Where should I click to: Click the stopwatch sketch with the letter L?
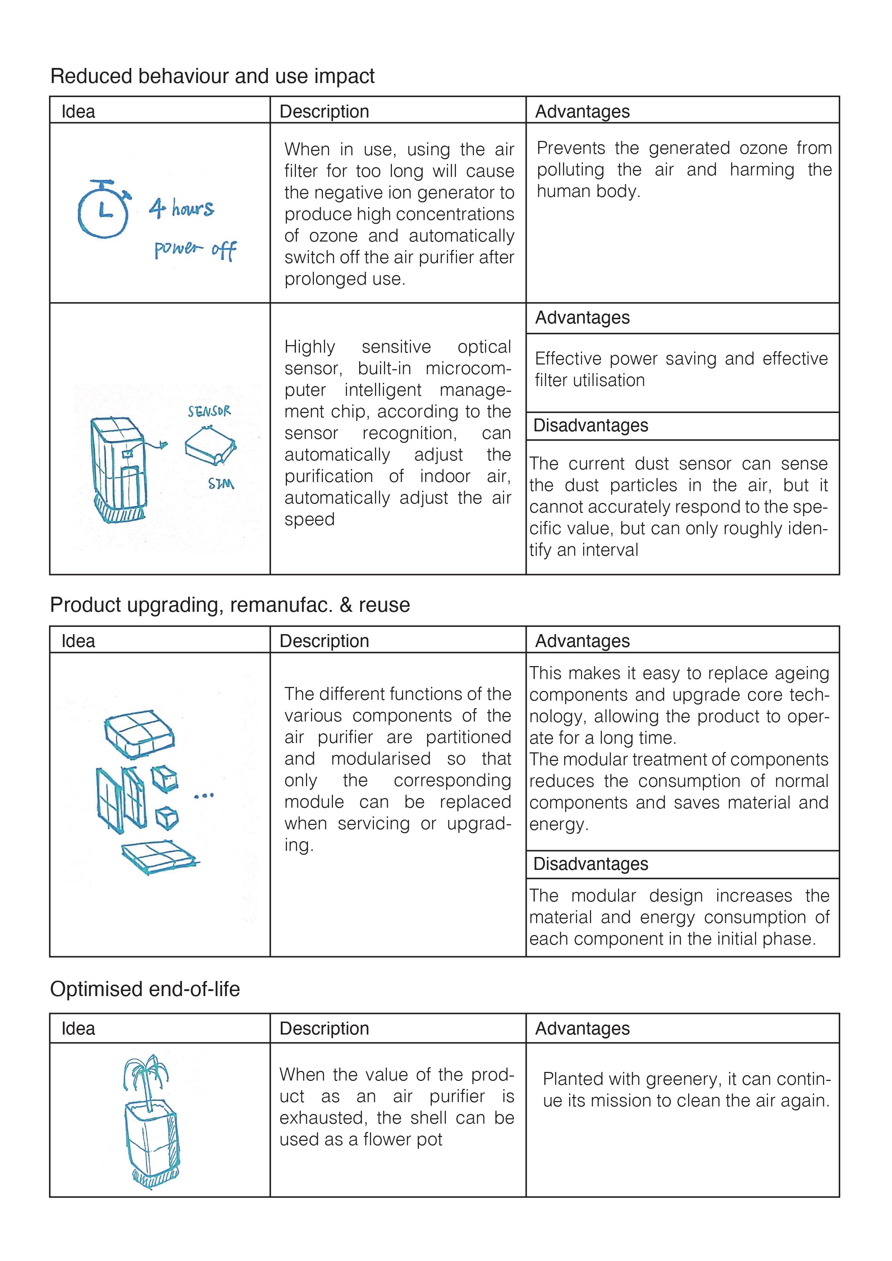(x=103, y=210)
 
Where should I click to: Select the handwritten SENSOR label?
(x=209, y=411)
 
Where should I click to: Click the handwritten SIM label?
(x=221, y=484)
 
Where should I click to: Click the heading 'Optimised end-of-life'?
(x=145, y=989)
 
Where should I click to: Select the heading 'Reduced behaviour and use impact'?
(x=212, y=76)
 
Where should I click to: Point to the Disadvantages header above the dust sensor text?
(x=590, y=426)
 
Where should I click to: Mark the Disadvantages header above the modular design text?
(x=590, y=864)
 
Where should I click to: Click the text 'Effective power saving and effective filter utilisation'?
(x=681, y=369)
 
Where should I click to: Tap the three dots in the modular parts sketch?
(x=204, y=795)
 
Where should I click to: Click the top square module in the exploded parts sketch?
(x=139, y=734)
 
